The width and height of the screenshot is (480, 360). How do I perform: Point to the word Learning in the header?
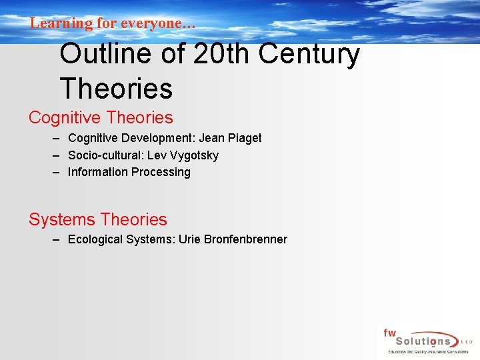click(61, 23)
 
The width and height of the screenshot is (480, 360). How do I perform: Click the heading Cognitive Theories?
click(101, 118)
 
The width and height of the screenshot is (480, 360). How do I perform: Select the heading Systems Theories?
click(97, 219)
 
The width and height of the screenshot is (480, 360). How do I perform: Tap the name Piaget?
click(245, 138)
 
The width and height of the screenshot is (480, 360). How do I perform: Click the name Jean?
click(211, 138)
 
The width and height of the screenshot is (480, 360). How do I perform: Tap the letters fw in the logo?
click(389, 331)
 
